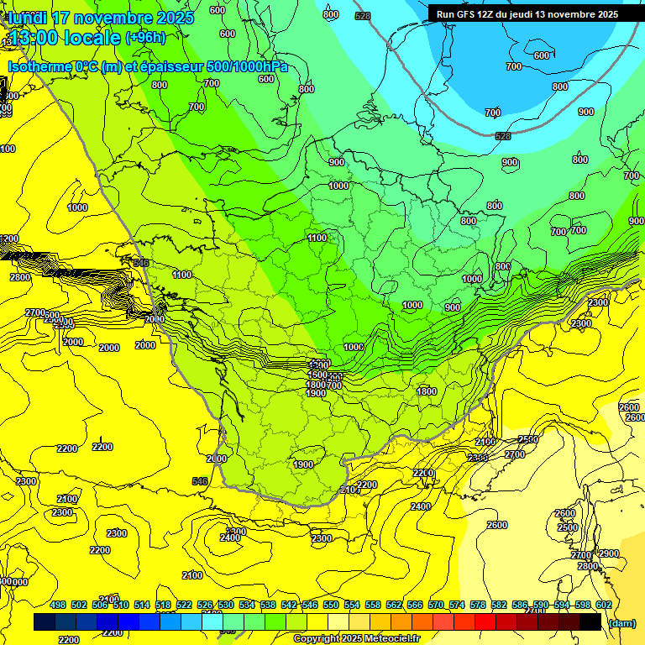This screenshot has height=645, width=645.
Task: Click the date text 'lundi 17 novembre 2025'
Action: (101, 18)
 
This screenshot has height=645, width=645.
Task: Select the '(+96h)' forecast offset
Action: (145, 38)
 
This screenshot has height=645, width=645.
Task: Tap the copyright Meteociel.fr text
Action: (356, 638)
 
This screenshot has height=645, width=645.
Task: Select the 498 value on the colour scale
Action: (58, 605)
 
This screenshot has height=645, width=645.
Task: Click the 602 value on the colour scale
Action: (603, 605)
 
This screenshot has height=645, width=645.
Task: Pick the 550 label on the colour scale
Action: (331, 605)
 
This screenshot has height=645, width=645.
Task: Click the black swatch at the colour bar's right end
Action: (590, 621)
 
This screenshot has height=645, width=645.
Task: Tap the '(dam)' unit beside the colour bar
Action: (621, 622)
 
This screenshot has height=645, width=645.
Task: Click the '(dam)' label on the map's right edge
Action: (632, 176)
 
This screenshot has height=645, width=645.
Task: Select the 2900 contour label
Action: (609, 553)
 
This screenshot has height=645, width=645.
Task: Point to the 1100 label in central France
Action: (317, 238)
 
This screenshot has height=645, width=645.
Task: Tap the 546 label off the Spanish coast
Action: (200, 481)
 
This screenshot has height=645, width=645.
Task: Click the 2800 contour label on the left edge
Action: (20, 277)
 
